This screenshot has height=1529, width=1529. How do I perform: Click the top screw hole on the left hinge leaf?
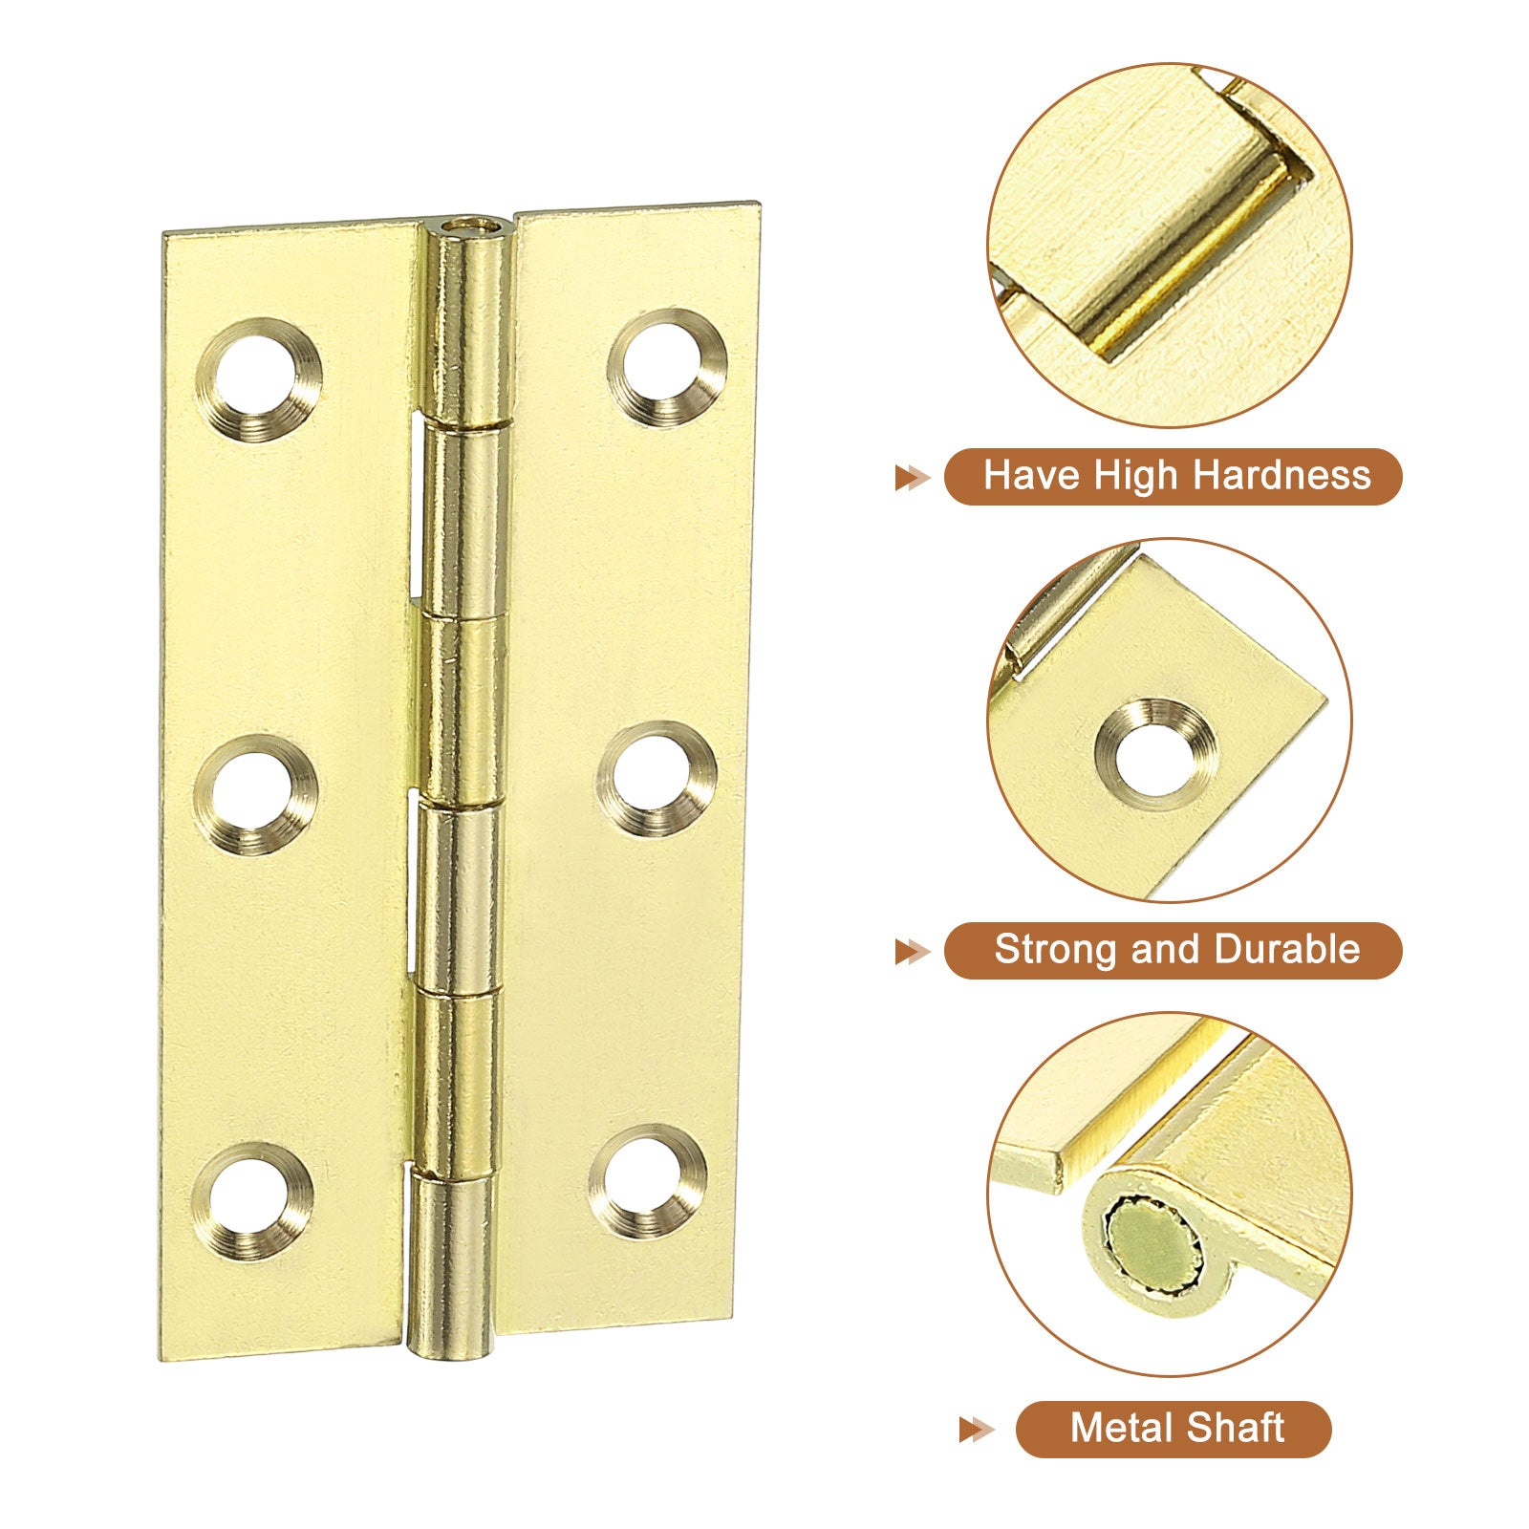pos(259,379)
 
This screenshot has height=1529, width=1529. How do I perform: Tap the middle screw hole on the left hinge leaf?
pos(256,794)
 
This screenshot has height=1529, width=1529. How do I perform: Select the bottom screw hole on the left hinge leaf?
pos(253,1201)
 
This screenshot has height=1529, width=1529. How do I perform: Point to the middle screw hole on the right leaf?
pos(657,779)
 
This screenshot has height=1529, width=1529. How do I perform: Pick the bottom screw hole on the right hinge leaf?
pos(648,1181)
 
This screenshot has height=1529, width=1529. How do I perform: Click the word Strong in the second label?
pos(1056,951)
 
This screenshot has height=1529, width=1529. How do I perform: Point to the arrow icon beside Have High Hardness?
pos(913,478)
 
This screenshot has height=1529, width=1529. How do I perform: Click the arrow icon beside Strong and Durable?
pos(913,952)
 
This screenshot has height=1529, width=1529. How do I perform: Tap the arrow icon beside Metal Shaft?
pos(977,1430)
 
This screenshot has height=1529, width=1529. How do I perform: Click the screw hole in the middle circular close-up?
pos(1156,755)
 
